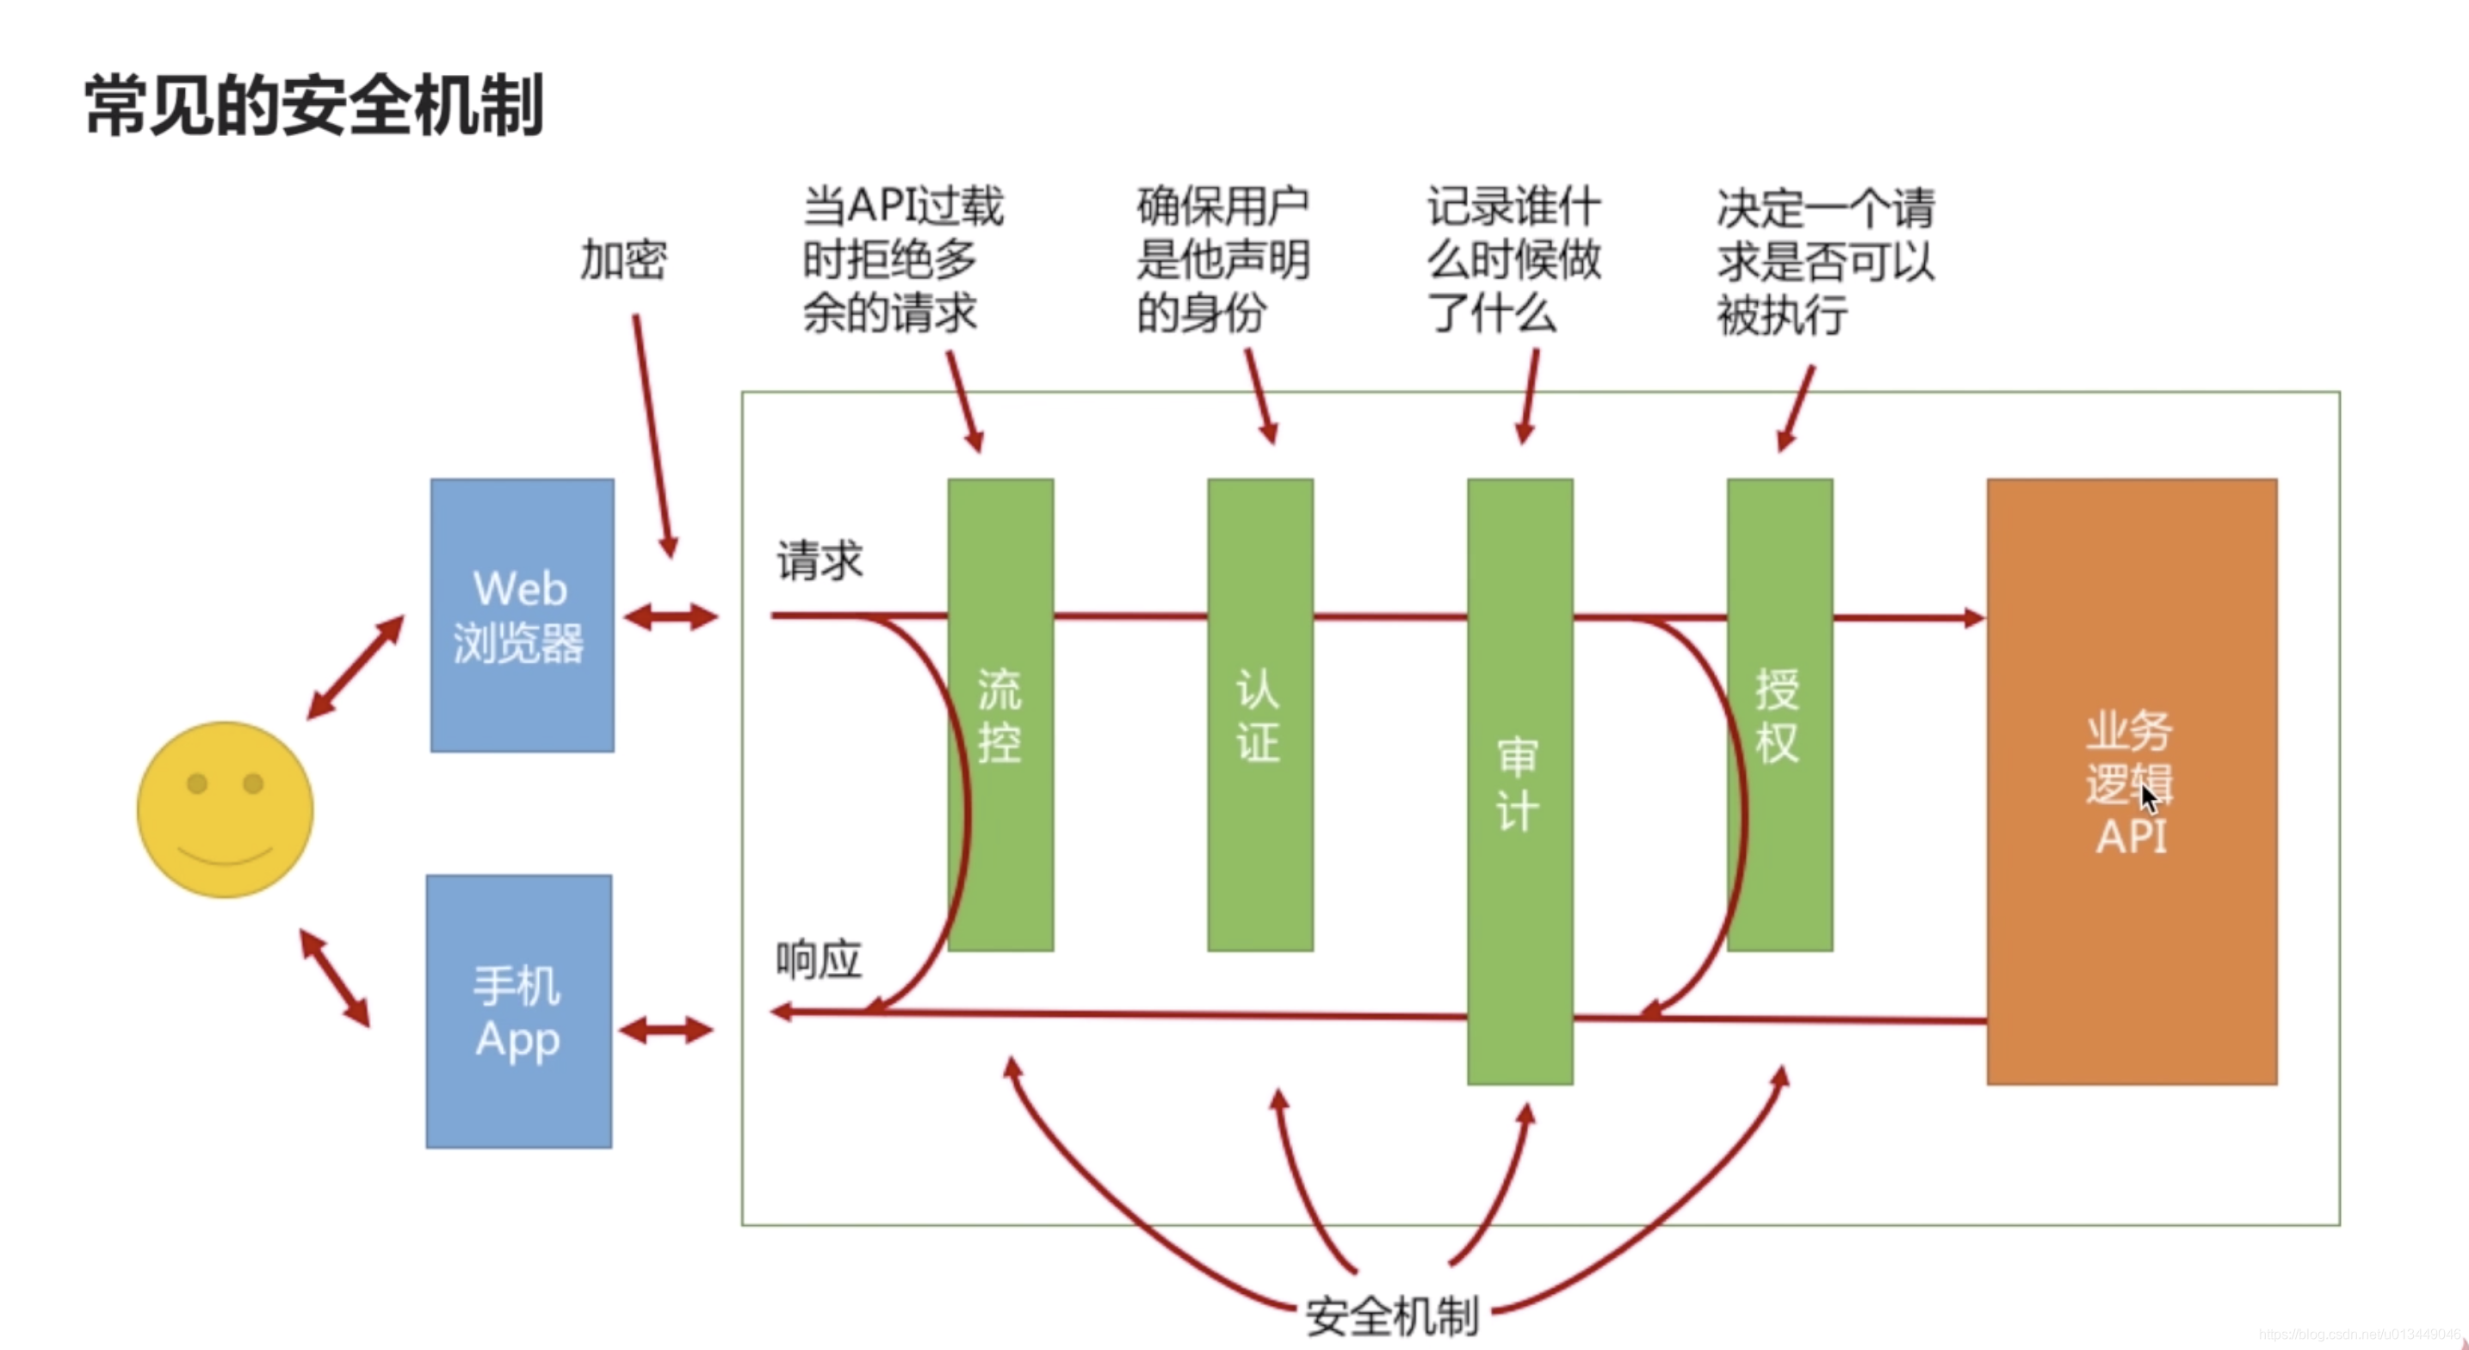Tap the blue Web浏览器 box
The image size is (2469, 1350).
[x=522, y=615]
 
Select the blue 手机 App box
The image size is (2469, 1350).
[x=518, y=1011]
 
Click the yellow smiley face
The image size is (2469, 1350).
[x=226, y=809]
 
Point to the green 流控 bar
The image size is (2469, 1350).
[x=1000, y=715]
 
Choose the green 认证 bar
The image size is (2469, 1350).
[x=1259, y=715]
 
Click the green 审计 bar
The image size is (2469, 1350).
[x=1519, y=782]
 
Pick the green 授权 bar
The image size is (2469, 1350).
[x=1779, y=715]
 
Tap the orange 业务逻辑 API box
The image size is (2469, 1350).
[x=2131, y=782]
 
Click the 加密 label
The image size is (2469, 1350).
[x=623, y=260]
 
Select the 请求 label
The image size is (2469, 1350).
[x=820, y=560]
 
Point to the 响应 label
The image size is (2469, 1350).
[x=819, y=960]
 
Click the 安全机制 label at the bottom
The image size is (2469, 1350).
[x=1392, y=1316]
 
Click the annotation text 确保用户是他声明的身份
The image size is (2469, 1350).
[x=1222, y=260]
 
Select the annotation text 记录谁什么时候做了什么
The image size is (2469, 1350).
[x=1513, y=260]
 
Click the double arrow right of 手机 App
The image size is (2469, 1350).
[x=666, y=1031]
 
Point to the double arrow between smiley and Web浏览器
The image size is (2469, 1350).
[x=355, y=667]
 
